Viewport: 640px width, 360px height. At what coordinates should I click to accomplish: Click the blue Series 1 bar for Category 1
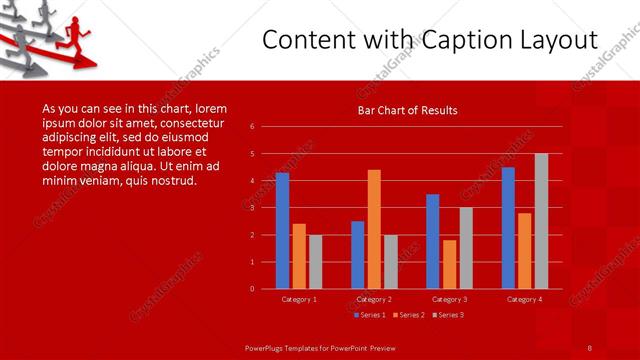(282, 231)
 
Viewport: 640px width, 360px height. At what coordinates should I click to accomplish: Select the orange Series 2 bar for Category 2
(374, 229)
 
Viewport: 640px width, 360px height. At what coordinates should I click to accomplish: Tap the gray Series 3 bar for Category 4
(541, 221)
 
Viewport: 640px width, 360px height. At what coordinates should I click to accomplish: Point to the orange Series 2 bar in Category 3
(449, 264)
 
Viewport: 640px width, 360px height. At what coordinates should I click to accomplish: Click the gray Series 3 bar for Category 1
(315, 261)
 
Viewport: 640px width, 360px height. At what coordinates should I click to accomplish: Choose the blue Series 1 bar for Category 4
(508, 228)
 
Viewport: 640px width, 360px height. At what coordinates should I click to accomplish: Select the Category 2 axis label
(375, 299)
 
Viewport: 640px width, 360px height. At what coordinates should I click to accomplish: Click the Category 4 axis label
(524, 299)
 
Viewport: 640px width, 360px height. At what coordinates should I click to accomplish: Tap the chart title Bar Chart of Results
(408, 110)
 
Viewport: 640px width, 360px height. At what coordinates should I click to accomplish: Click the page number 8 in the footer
(590, 346)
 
